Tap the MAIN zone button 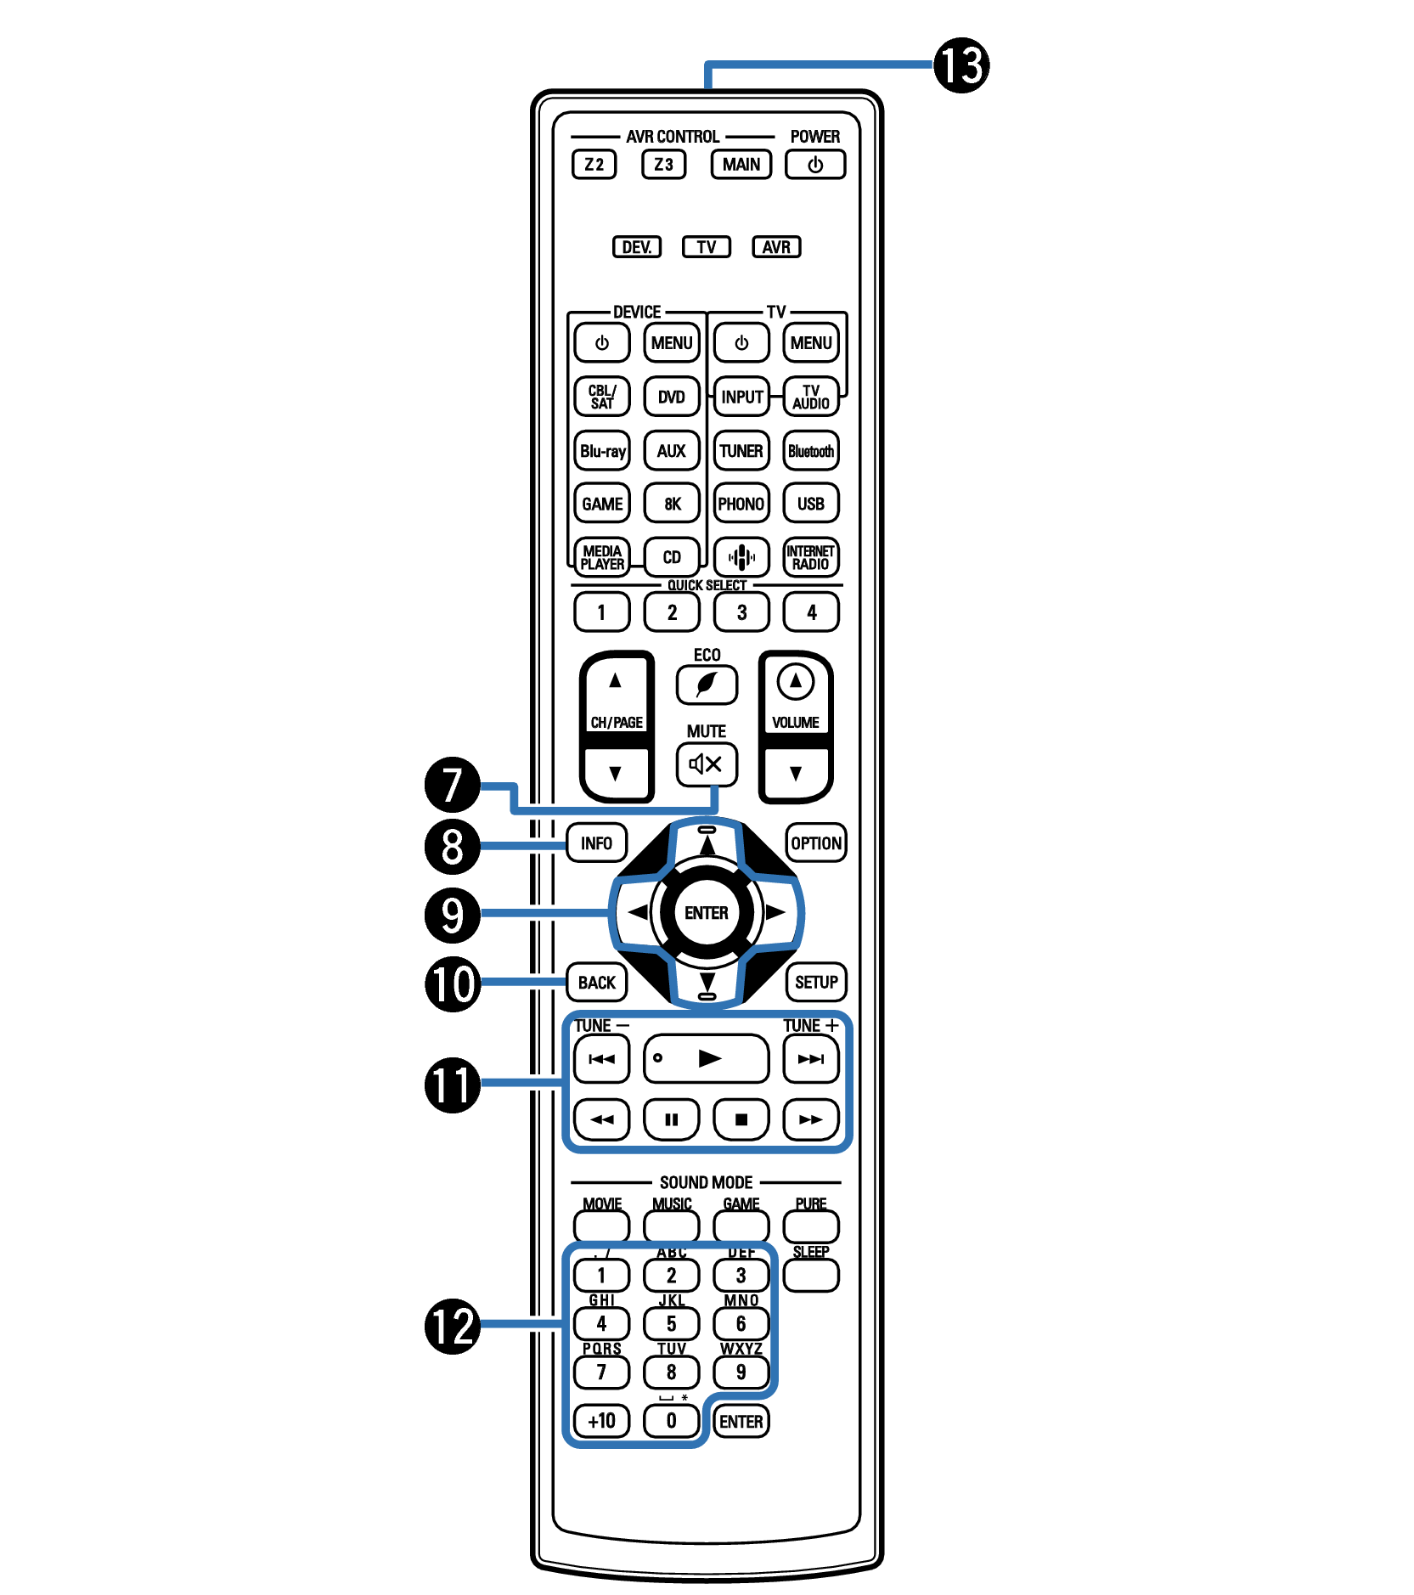[741, 164]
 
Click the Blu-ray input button [602, 451]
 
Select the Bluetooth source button [811, 451]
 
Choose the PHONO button [741, 504]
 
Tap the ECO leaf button [707, 685]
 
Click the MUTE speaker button [707, 764]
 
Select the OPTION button [816, 843]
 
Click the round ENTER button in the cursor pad [707, 913]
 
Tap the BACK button [597, 983]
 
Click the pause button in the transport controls [672, 1119]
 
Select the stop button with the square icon [741, 1119]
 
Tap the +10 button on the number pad [602, 1421]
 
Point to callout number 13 [961, 65]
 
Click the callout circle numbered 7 [453, 785]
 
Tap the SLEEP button [811, 1275]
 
